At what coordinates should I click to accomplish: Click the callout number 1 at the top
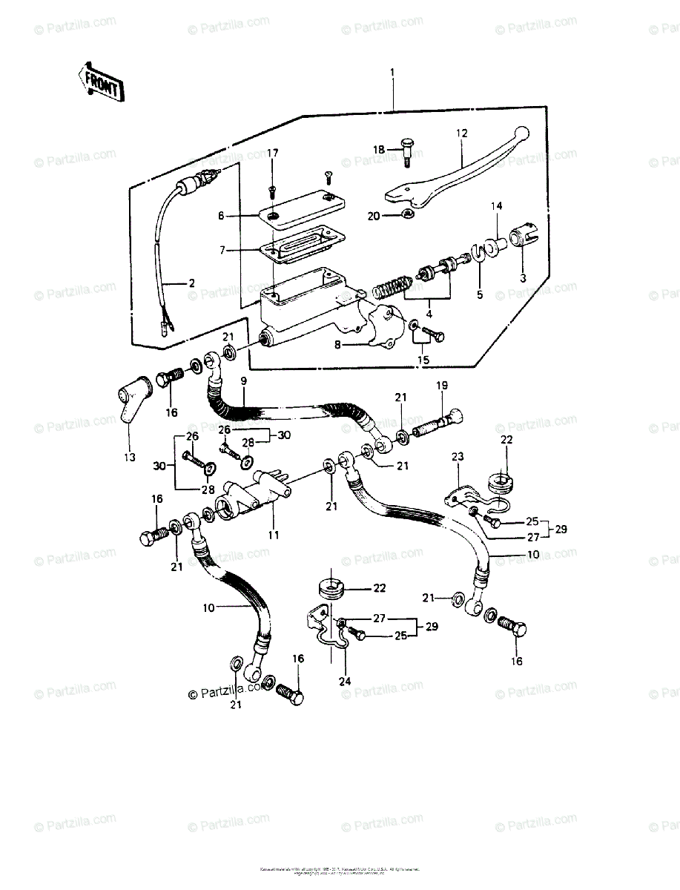[392, 73]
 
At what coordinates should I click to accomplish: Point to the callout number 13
[130, 457]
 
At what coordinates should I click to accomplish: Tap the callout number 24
[345, 681]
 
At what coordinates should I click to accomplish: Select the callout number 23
[457, 456]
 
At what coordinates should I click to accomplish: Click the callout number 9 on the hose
[242, 380]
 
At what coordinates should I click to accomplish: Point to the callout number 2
[191, 283]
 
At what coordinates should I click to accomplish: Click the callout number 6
[221, 216]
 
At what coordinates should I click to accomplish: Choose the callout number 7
[221, 251]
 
